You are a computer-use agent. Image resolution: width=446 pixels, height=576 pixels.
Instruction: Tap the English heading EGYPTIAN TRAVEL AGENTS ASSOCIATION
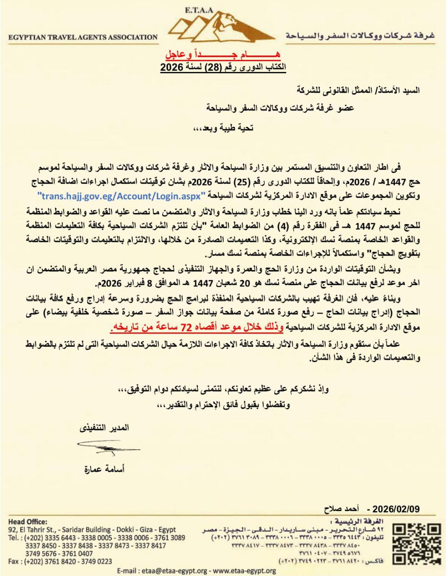point(83,37)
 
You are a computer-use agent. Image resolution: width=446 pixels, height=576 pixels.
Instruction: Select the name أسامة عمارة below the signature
point(104,469)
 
